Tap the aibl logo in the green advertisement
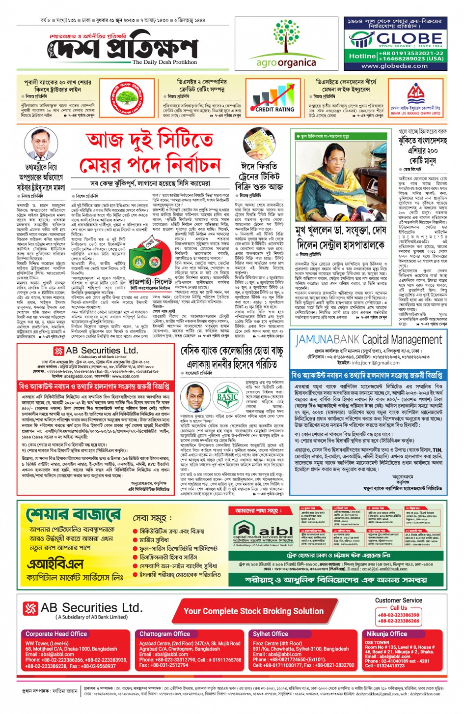[263, 530]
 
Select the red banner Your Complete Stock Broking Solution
[253, 611]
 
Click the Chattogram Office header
[164, 634]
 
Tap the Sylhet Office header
[271, 634]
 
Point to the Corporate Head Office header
[56, 634]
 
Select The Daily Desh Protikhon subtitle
[164, 62]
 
